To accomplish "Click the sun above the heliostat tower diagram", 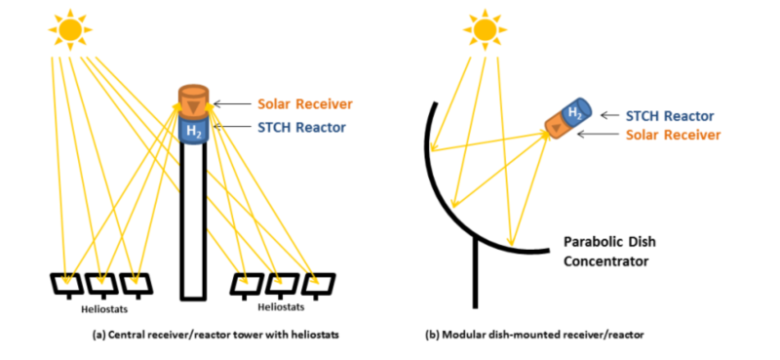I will pos(70,30).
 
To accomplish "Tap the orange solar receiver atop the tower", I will pos(194,100).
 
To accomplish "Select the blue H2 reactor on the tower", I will pos(194,131).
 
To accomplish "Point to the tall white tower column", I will pos(194,224).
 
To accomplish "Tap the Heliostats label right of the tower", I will pos(282,307).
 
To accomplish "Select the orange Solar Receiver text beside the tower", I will pos(303,103).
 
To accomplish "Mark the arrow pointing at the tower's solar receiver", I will pos(231,103).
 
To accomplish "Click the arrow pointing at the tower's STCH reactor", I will pos(231,126).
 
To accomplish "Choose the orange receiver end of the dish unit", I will pos(556,128).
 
